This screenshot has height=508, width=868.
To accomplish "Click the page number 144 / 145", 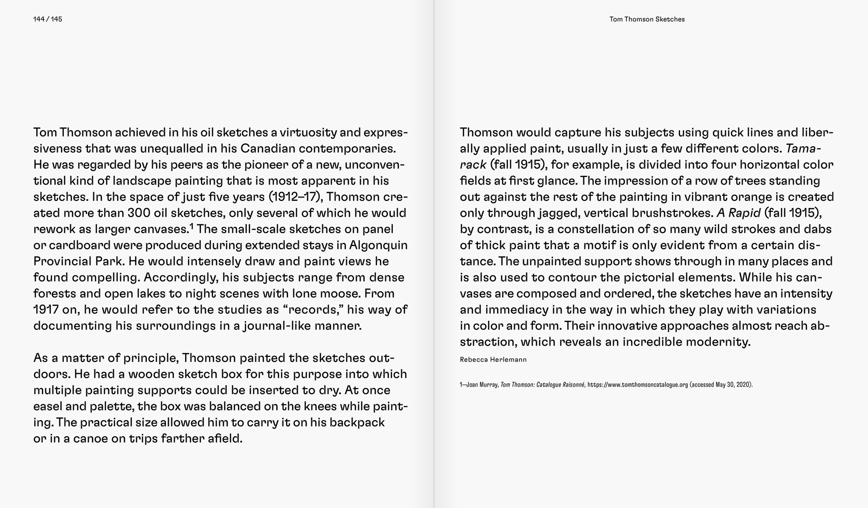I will (48, 19).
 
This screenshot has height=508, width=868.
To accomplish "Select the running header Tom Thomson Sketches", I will (647, 19).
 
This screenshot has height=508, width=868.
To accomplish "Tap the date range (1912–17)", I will (296, 197).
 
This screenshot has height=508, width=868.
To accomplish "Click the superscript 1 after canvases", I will (192, 226).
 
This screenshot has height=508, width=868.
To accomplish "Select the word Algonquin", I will (378, 245).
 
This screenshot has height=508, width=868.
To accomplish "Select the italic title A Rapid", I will (738, 213).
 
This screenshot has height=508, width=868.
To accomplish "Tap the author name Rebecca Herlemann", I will (493, 360).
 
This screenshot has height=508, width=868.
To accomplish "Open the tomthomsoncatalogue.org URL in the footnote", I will (637, 385).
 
